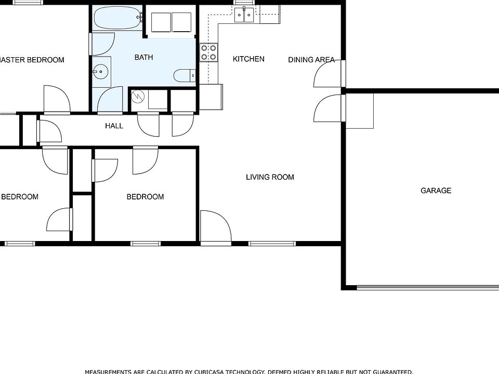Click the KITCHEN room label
(x=248, y=59)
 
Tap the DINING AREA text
(x=311, y=60)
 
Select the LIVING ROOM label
(x=270, y=177)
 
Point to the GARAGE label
(x=436, y=191)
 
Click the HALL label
(x=114, y=126)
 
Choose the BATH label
(x=143, y=57)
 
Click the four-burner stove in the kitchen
(x=208, y=52)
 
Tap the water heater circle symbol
(x=138, y=97)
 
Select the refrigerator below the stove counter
(x=211, y=97)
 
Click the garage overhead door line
(x=427, y=287)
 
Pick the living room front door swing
(x=215, y=226)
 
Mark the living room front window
(x=272, y=243)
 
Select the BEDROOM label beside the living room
(x=145, y=197)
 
